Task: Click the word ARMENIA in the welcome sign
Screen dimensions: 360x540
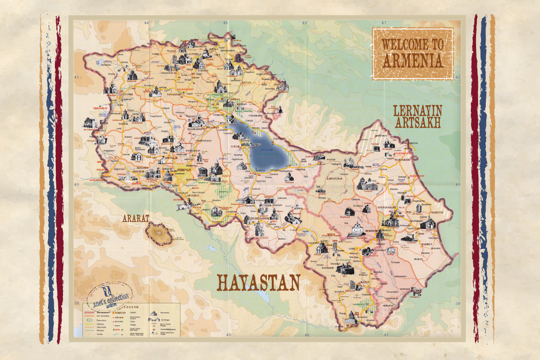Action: (412, 61)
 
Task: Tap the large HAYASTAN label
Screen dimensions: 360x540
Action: (259, 283)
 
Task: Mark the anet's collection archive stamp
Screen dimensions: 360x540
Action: (109, 295)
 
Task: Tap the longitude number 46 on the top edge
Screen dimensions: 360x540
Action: (305, 22)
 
